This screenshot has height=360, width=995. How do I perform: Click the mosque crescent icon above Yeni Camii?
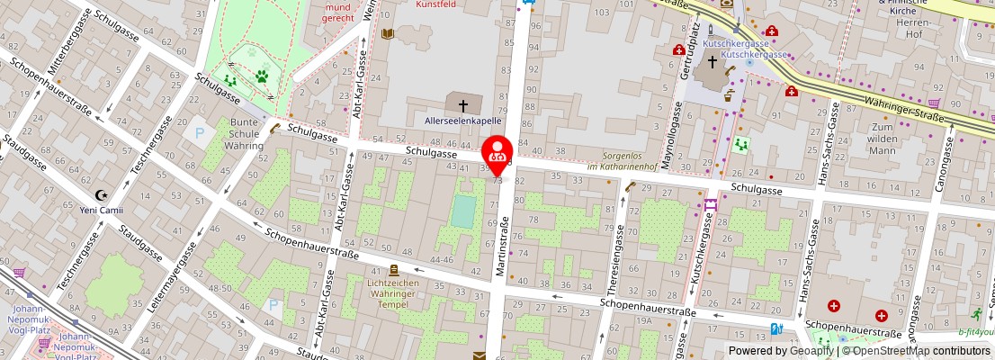[x=101, y=195]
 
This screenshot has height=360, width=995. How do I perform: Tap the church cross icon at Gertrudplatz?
[x=713, y=63]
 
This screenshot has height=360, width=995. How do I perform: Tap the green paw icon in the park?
[x=262, y=76]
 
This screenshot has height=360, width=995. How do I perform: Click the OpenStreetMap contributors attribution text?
[x=919, y=351]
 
